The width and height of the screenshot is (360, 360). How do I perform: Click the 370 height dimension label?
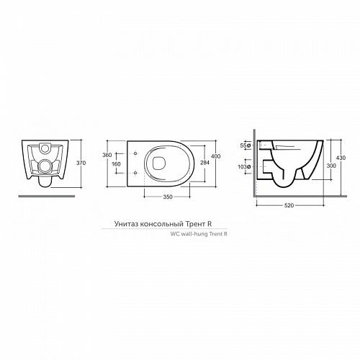[81, 163]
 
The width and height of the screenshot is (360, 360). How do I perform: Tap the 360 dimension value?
[107, 155]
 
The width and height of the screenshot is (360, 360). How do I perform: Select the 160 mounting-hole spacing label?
[116, 164]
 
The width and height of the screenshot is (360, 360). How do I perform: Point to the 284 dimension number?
[204, 163]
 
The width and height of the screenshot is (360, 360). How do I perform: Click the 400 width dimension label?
[216, 156]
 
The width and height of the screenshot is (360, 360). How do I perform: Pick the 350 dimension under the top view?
[168, 197]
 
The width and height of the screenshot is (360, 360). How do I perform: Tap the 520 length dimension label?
[289, 205]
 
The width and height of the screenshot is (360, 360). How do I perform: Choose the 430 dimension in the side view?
[341, 158]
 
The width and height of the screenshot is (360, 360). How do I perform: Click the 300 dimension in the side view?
[331, 166]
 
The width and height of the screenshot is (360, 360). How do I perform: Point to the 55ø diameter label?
[246, 145]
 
